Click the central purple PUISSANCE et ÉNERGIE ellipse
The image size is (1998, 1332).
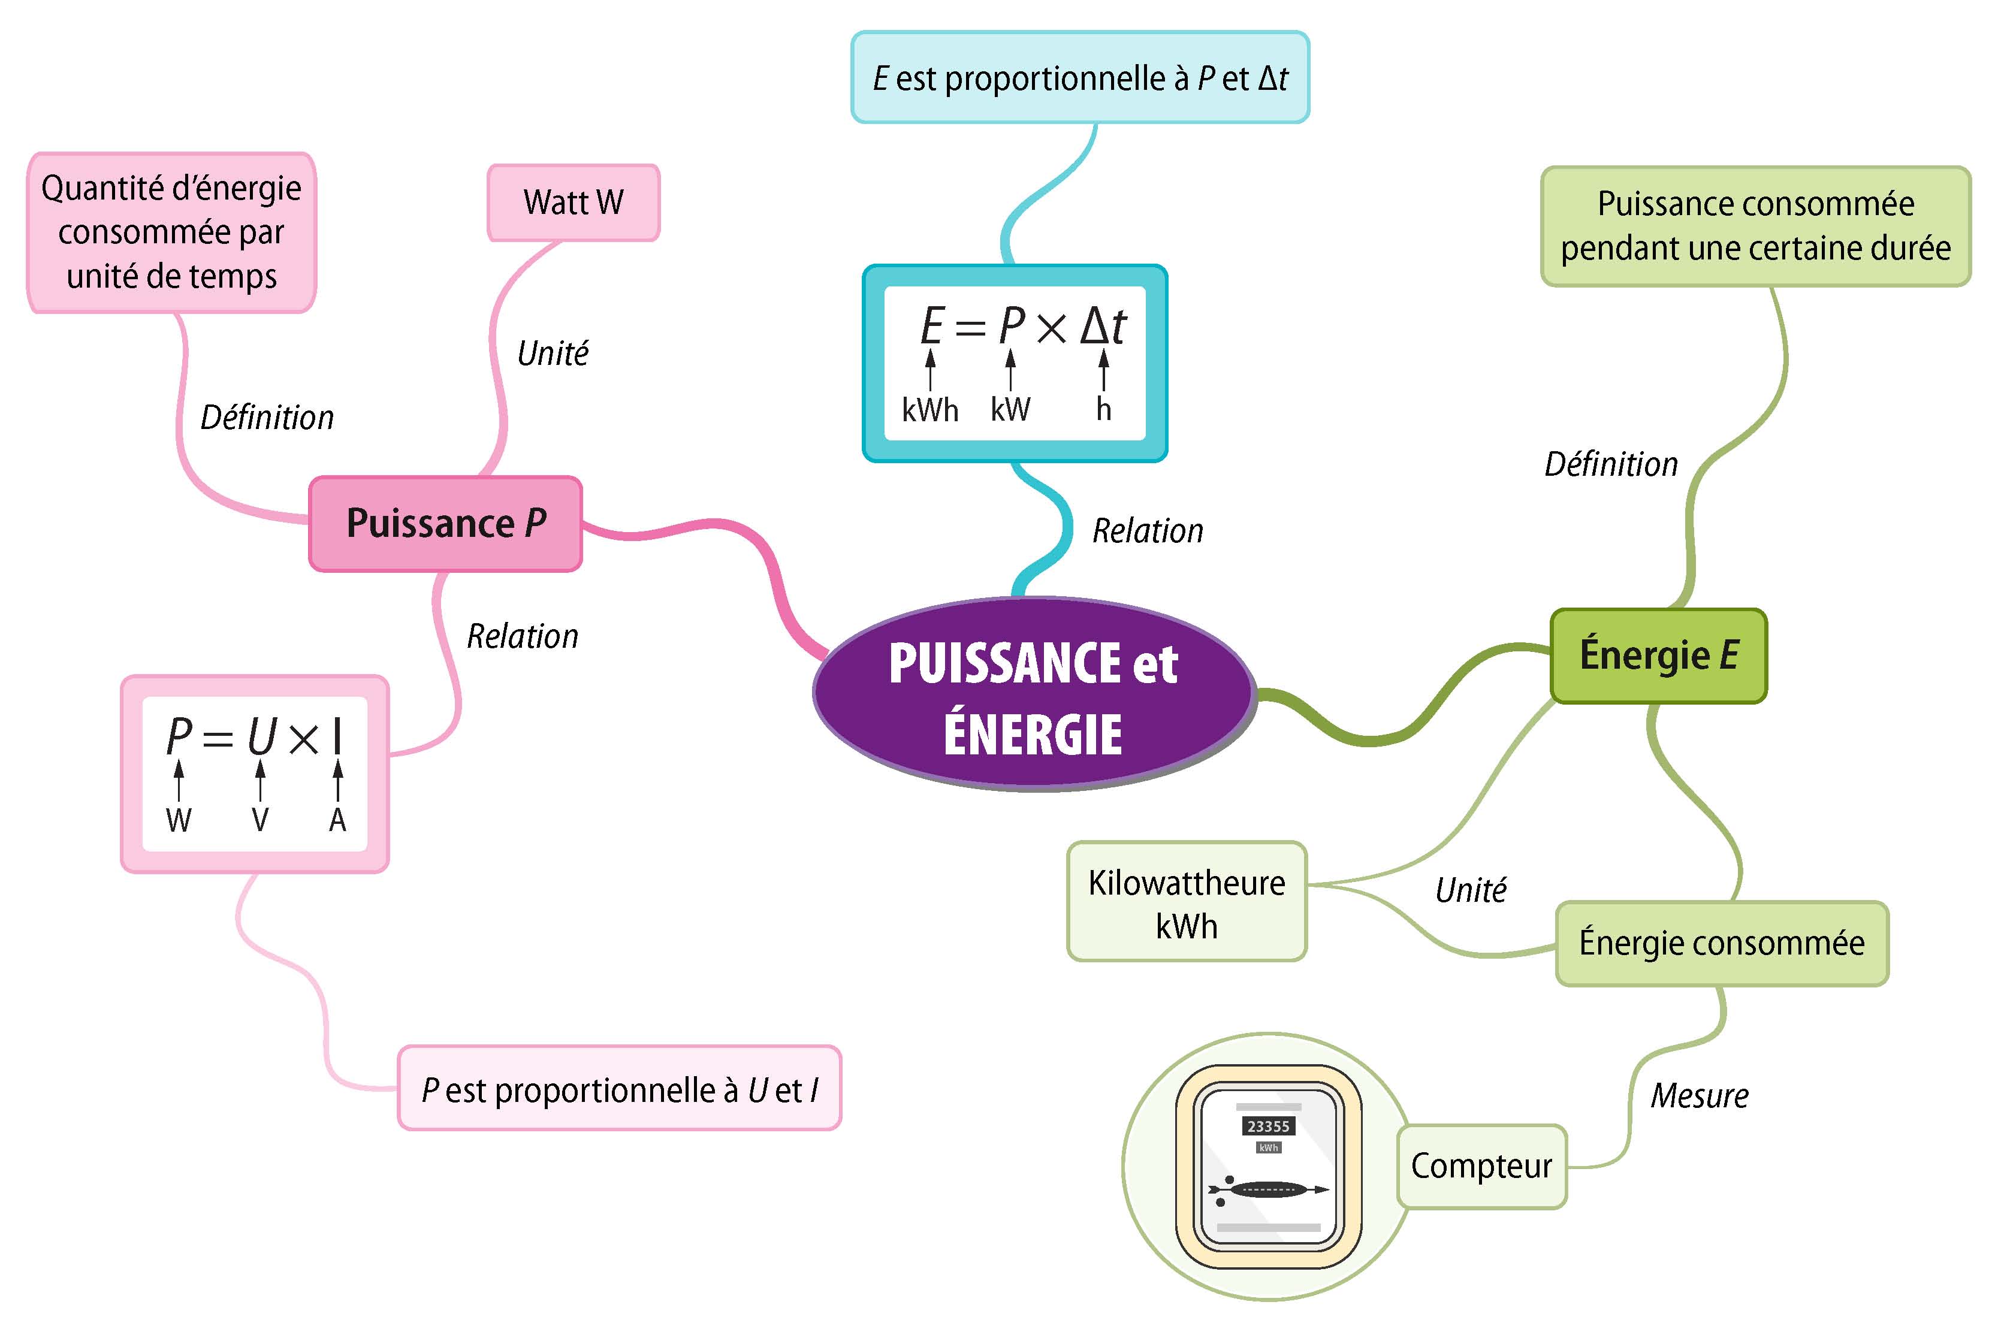coord(1033,695)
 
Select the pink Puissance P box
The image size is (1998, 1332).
coord(445,523)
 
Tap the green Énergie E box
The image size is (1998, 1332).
coord(1658,656)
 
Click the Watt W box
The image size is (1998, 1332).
coord(574,203)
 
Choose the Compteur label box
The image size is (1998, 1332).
coord(1481,1167)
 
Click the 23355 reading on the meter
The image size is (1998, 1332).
coord(1267,1126)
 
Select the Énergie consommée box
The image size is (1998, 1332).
coord(1721,944)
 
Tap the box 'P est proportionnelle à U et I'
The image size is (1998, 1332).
coord(619,1090)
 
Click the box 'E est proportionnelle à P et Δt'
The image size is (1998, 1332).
coord(1080,78)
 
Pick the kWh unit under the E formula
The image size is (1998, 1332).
coord(930,410)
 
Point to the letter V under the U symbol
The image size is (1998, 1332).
coord(260,821)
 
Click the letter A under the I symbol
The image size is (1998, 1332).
coord(337,821)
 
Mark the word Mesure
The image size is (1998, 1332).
coord(1699,1097)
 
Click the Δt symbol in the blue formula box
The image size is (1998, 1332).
coord(1103,326)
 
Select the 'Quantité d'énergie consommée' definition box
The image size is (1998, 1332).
coord(171,232)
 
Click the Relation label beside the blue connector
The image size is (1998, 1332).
coord(1148,531)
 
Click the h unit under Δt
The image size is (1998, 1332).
coord(1103,410)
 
